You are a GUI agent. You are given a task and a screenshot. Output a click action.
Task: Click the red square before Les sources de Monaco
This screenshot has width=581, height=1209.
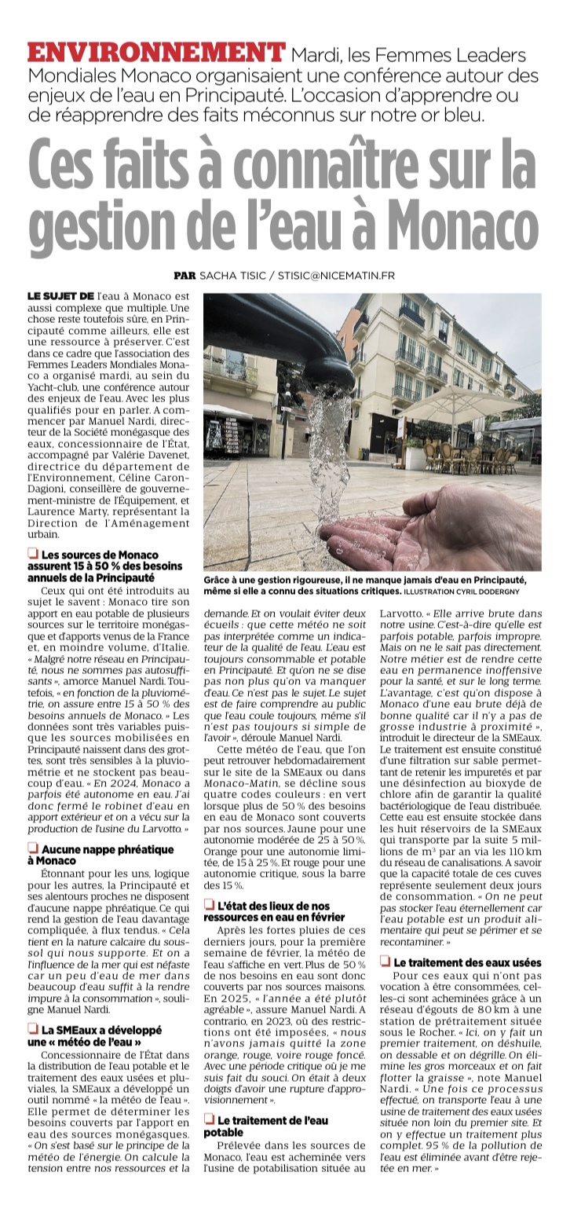coord(33,555)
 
